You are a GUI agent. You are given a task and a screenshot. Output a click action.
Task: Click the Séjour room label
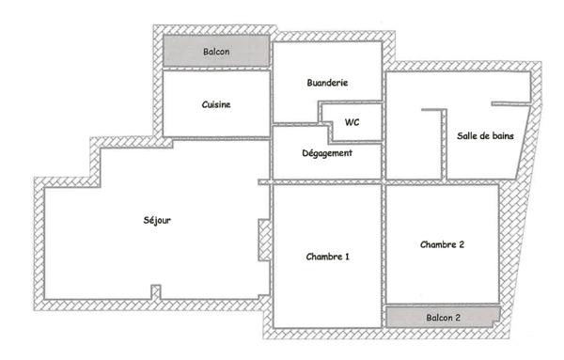(x=157, y=220)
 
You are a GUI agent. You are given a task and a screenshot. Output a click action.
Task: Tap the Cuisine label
(x=216, y=104)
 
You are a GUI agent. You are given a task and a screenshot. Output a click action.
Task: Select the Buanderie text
(x=327, y=83)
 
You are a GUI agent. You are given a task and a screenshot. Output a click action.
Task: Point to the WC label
(x=352, y=122)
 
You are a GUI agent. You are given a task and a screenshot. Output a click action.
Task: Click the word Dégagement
(x=327, y=153)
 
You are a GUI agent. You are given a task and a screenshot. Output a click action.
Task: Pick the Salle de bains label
(x=485, y=136)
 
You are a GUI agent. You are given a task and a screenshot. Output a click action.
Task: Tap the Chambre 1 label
(x=328, y=256)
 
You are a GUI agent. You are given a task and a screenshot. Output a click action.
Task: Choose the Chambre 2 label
(x=442, y=244)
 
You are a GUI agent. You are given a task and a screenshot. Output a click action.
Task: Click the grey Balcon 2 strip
(x=442, y=318)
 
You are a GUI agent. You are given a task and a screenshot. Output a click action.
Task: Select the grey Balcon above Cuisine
(x=216, y=52)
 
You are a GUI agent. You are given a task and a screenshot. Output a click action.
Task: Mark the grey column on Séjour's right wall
(x=264, y=240)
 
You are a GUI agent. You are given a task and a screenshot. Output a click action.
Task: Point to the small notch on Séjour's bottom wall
(x=156, y=292)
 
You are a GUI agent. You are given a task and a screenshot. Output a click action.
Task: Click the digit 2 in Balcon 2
(x=458, y=319)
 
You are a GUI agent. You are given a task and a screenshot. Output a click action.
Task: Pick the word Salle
(x=466, y=136)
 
